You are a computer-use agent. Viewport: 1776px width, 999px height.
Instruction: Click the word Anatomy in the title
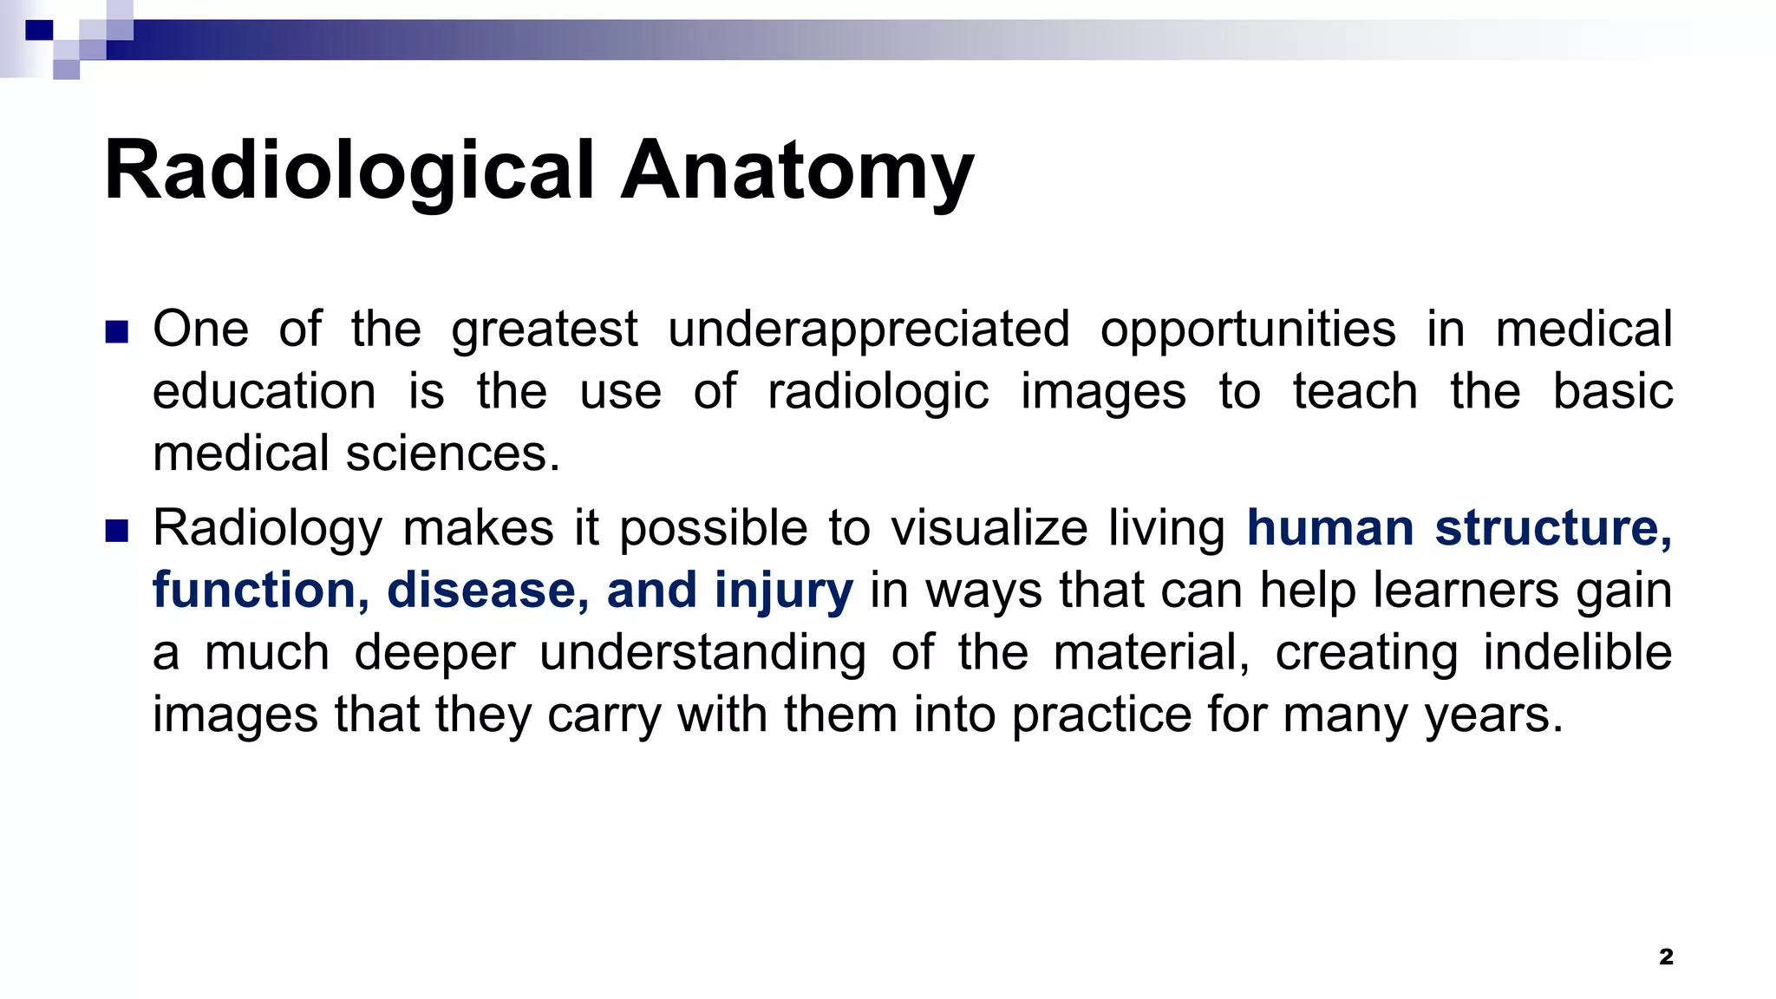click(x=797, y=171)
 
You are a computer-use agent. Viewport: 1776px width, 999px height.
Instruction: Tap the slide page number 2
click(x=1666, y=957)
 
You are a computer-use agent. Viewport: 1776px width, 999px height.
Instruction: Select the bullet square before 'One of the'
click(x=116, y=332)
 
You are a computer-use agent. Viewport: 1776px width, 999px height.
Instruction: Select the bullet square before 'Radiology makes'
click(x=116, y=531)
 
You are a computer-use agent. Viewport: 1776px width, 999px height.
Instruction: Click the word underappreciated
click(x=868, y=330)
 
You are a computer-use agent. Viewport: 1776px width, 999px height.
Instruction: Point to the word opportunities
click(x=1248, y=330)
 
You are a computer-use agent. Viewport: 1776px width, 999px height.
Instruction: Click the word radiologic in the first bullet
click(x=878, y=392)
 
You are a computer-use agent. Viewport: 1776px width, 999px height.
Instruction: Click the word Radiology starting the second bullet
click(x=267, y=528)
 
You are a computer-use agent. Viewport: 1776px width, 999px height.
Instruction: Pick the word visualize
click(x=989, y=528)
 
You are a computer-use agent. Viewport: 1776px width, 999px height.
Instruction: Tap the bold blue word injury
click(x=784, y=591)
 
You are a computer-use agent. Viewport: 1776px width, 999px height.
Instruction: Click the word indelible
click(x=1577, y=653)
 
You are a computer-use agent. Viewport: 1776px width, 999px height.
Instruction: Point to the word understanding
click(x=702, y=653)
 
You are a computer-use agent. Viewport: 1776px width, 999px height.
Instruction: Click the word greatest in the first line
click(x=545, y=330)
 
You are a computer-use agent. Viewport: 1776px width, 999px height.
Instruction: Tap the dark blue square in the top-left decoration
click(x=39, y=31)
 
